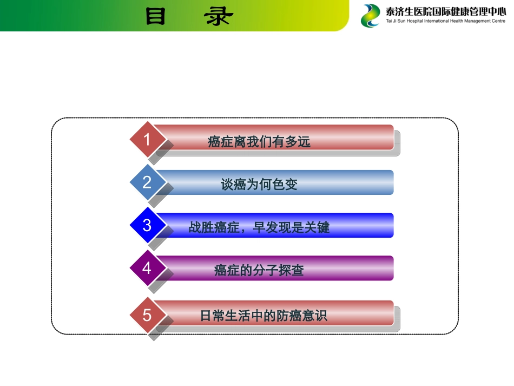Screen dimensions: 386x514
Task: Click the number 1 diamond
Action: pyautogui.click(x=147, y=139)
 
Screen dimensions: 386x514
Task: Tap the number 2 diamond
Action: pyautogui.click(x=147, y=182)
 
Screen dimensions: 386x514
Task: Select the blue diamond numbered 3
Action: pyautogui.click(x=147, y=225)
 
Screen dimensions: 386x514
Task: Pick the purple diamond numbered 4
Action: pyautogui.click(x=147, y=268)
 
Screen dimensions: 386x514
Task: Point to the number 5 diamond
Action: pyautogui.click(x=147, y=315)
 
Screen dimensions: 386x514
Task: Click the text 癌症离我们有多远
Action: pyautogui.click(x=259, y=142)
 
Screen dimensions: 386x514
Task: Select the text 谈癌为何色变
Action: pyautogui.click(x=259, y=185)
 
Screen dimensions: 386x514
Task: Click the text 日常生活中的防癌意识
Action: pyautogui.click(x=263, y=316)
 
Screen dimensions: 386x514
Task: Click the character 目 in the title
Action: pyautogui.click(x=156, y=17)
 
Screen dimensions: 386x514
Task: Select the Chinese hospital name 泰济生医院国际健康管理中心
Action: pyautogui.click(x=446, y=11)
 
